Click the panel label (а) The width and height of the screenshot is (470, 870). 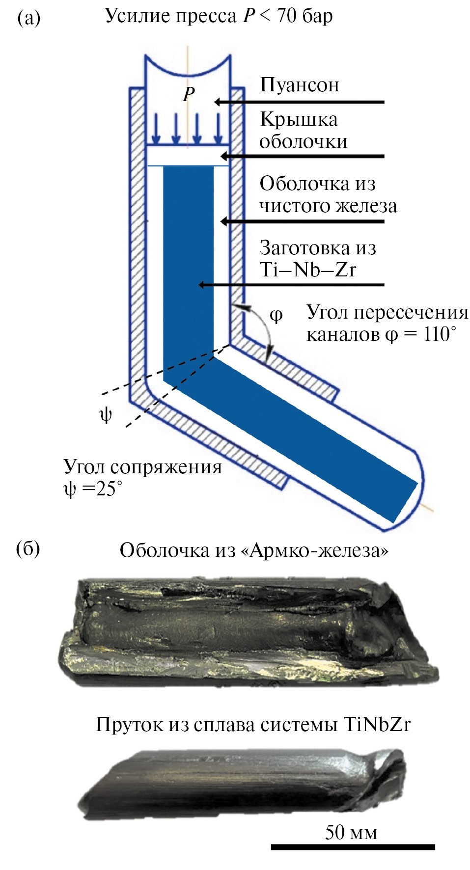28,19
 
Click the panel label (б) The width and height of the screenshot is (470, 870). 28,548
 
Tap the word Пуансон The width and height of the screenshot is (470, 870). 299,85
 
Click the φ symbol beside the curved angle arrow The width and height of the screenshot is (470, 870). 276,315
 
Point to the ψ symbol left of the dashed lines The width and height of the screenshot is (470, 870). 106,415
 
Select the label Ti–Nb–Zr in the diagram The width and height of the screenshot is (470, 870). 307,270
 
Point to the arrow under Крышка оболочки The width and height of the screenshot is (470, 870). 302,157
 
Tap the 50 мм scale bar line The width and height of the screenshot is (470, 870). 353,846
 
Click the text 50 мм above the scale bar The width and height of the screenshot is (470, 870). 351,832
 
